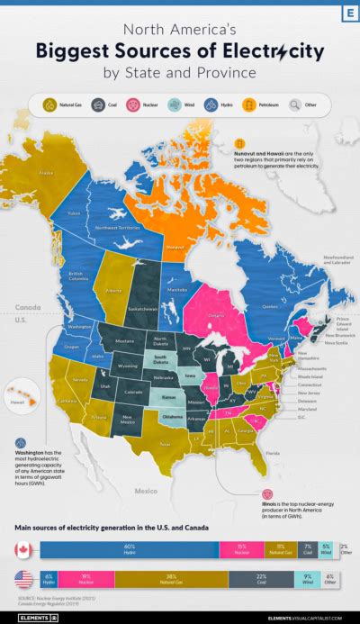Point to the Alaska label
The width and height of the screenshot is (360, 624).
34,175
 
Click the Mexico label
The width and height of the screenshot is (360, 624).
146,492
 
